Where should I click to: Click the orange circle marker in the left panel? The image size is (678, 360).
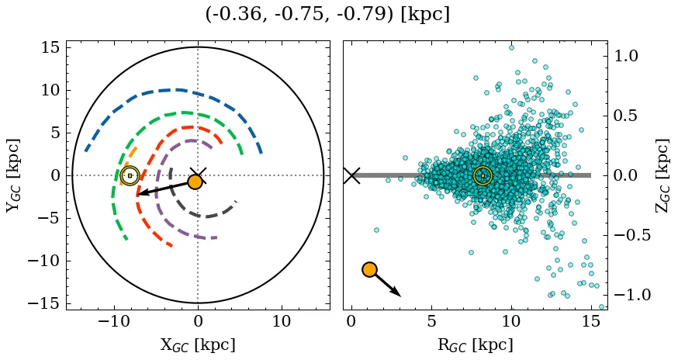pos(195,182)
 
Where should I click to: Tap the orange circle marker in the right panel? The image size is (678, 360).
pos(369,269)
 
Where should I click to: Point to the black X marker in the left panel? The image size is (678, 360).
pos(198,175)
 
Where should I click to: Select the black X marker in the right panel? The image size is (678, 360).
pos(351,175)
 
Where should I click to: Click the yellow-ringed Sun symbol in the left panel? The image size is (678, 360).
pos(130,175)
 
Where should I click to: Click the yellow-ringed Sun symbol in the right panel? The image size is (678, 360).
pos(483,176)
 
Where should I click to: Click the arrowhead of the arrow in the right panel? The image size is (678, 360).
pos(397,294)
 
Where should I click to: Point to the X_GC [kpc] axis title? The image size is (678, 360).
pos(198,344)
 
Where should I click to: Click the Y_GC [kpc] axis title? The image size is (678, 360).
pos(13,175)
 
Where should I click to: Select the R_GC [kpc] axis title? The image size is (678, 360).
pos(476,344)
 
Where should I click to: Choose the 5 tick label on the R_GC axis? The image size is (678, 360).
pos(431,321)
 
